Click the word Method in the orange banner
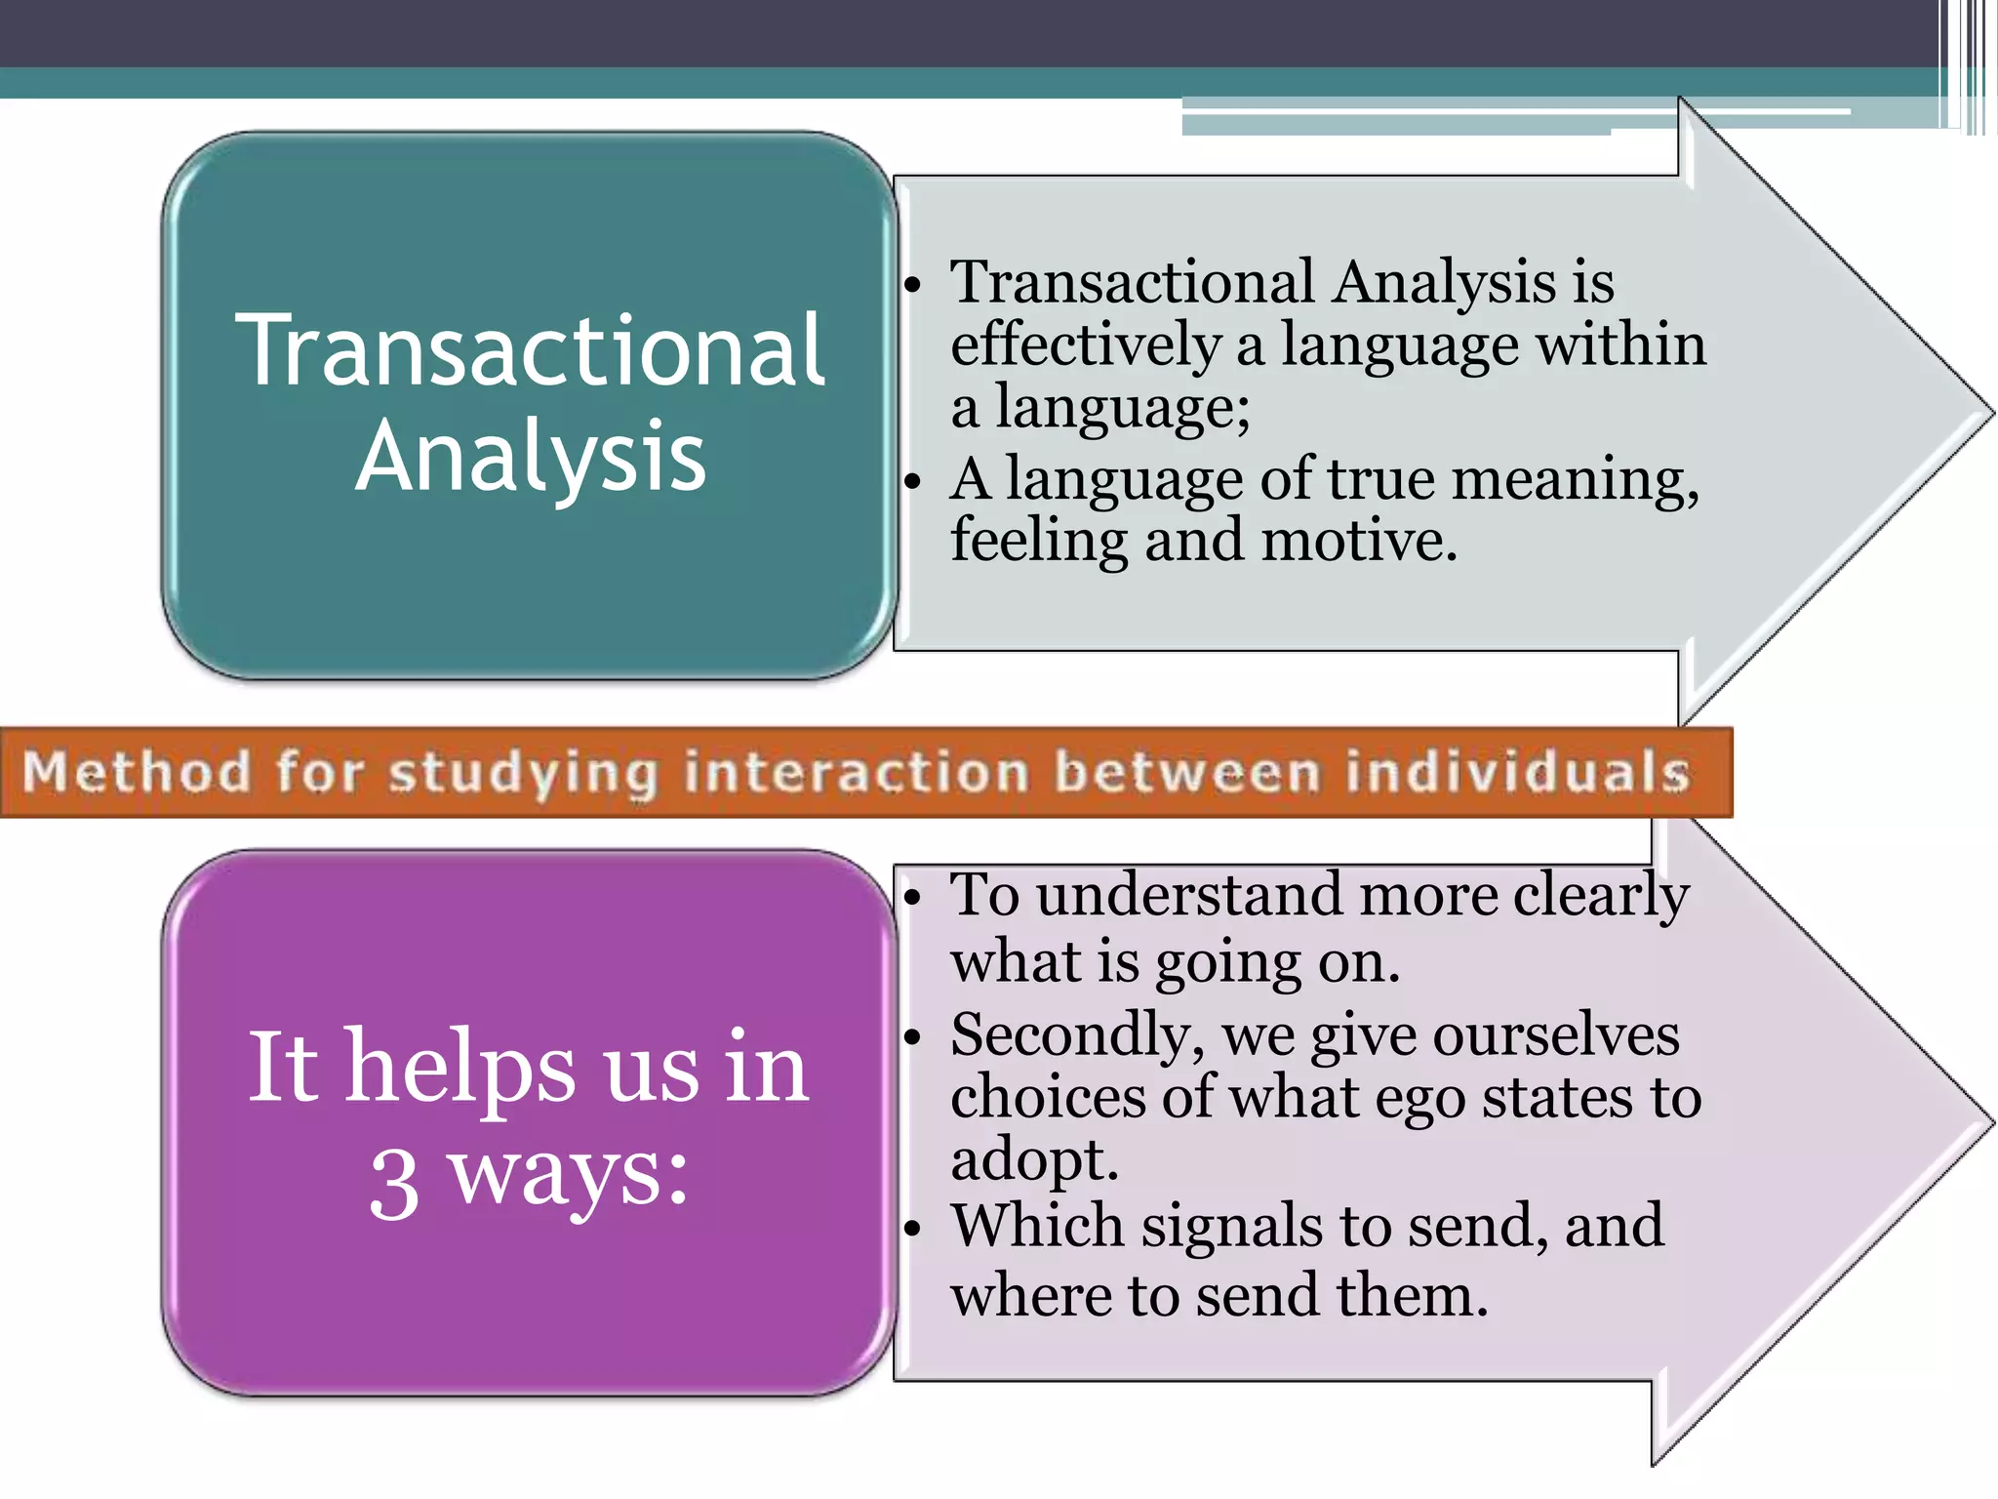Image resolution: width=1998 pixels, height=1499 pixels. click(x=137, y=771)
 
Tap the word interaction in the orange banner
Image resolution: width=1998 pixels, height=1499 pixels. click(x=856, y=771)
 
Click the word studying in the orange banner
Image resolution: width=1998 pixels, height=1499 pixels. click(x=524, y=773)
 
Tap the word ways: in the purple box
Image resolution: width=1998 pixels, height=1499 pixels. click(x=568, y=1176)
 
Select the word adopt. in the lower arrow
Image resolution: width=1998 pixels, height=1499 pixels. click(x=1034, y=1161)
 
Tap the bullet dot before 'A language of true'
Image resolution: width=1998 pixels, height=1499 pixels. click(x=912, y=480)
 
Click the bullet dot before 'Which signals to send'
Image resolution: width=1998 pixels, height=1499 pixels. click(x=912, y=1228)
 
